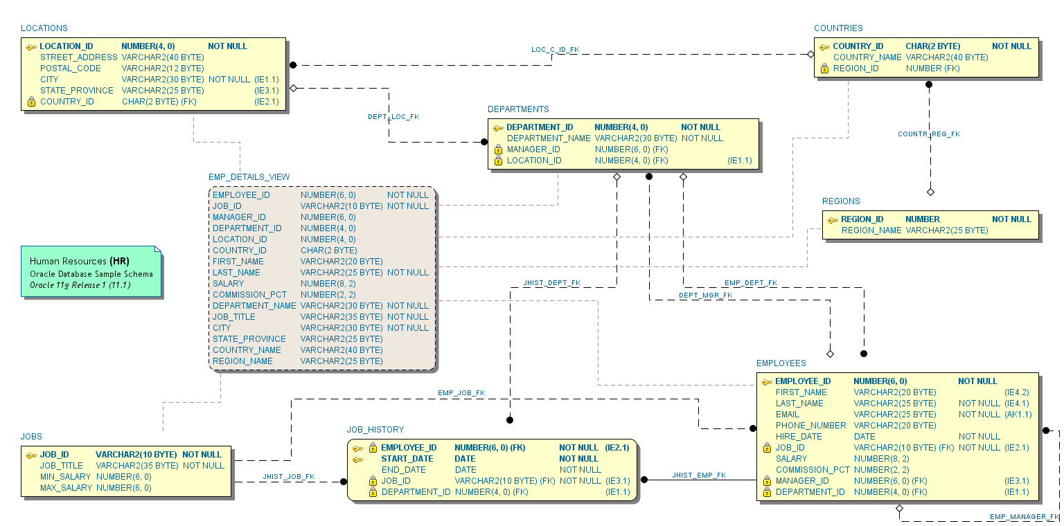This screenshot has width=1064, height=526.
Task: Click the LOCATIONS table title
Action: click(44, 28)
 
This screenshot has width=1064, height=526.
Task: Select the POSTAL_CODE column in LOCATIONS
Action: click(71, 69)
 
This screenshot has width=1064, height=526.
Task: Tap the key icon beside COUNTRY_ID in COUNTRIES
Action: click(824, 47)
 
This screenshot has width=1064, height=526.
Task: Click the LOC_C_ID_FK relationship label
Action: click(555, 50)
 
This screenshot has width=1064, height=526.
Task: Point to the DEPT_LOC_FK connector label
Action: click(393, 117)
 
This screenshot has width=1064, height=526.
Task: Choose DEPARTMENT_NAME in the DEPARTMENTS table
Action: click(549, 138)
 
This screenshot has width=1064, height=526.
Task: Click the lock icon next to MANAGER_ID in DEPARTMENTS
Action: click(498, 149)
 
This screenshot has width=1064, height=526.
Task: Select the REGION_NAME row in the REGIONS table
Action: click(871, 230)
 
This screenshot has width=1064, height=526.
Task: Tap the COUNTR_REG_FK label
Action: click(929, 134)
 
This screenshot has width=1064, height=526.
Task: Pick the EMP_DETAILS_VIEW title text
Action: click(249, 177)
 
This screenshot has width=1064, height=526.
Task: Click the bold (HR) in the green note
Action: click(119, 262)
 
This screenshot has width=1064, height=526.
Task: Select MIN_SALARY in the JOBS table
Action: click(65, 477)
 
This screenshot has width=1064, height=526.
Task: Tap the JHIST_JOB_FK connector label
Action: click(288, 477)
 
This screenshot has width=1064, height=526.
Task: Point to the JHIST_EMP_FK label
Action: click(699, 475)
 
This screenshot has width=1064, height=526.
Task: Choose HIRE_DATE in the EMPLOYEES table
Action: click(799, 437)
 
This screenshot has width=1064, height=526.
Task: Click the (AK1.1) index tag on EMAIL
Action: click(1018, 415)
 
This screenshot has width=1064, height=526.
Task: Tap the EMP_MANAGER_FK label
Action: click(1024, 517)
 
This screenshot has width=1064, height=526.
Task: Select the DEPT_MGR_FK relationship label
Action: click(705, 296)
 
